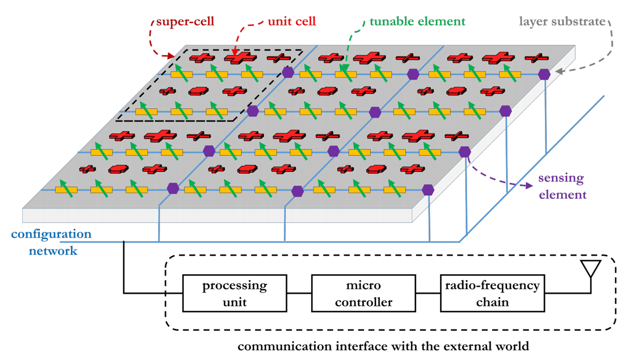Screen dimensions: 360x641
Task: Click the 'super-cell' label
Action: coord(185,21)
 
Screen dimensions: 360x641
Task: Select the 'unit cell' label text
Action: coord(291,21)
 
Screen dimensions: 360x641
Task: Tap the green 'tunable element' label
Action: coord(417,21)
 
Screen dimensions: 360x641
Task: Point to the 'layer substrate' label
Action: coord(562,21)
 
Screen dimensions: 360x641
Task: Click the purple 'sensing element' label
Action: coord(562,186)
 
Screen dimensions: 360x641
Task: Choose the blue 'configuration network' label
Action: coord(52,242)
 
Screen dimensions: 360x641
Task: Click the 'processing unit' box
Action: coord(234,293)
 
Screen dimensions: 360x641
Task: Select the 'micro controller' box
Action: coord(363,293)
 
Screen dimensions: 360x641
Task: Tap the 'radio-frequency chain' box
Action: coord(492,293)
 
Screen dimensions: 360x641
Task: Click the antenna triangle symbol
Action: coord(590,268)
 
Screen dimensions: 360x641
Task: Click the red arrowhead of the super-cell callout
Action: coord(171,56)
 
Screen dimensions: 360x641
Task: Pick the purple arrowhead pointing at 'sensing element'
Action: coord(529,186)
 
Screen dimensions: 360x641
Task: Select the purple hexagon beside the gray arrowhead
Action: coord(544,74)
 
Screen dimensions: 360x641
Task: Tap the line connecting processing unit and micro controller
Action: coord(299,293)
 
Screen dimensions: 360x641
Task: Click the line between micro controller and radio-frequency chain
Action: coord(428,293)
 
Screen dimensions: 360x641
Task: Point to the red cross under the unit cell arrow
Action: coord(240,57)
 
